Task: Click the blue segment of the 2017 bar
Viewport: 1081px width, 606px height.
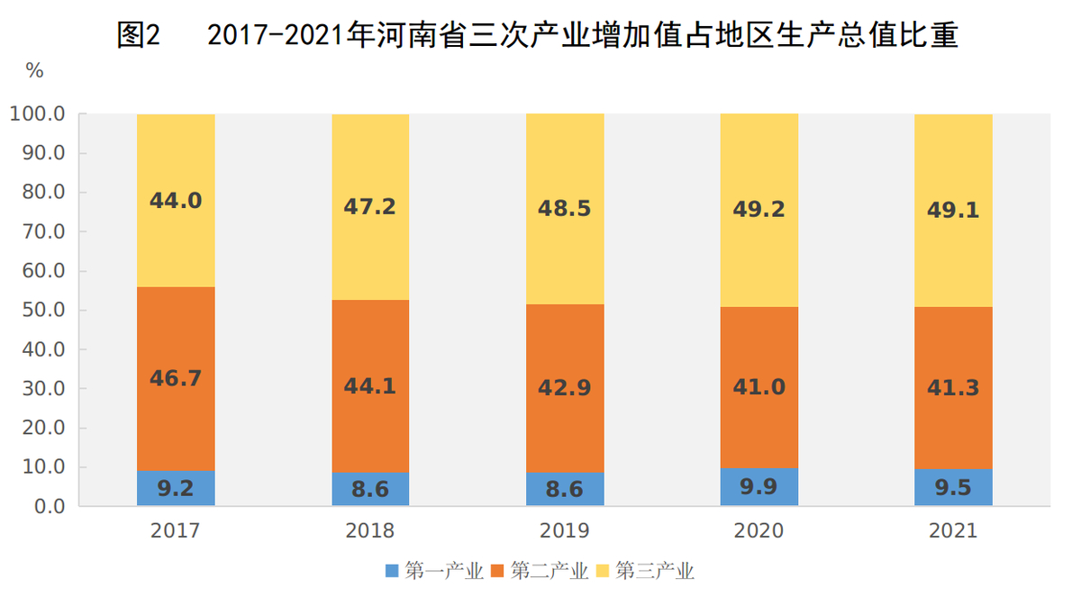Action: [176, 488]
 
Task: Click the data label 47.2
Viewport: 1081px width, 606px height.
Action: [369, 207]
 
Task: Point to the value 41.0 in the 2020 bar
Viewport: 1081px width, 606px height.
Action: [759, 387]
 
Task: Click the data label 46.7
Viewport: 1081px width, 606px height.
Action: [176, 378]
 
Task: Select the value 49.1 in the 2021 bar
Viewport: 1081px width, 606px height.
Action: [953, 210]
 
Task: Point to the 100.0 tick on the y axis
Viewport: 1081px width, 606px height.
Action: [37, 114]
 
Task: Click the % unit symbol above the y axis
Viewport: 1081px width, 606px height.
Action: [34, 71]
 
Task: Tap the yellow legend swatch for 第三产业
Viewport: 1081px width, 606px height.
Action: [602, 571]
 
